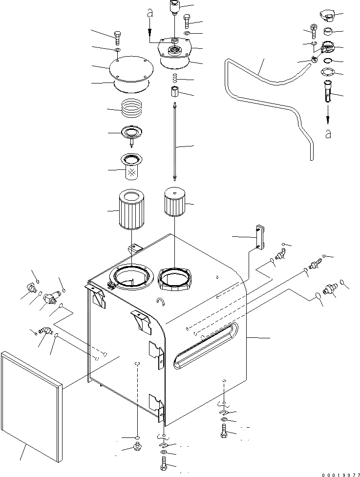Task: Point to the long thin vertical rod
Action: click(x=175, y=142)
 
